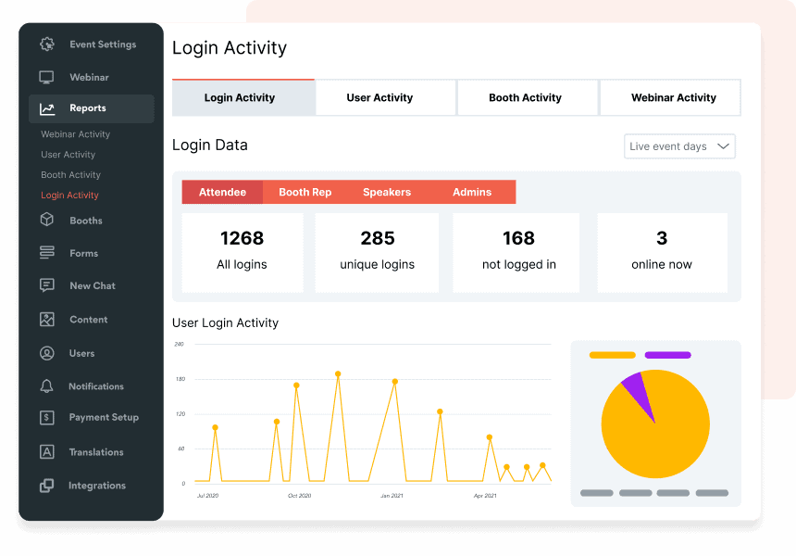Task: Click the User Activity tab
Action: click(x=379, y=97)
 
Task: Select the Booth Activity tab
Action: click(x=525, y=97)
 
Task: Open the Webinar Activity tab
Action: click(x=673, y=97)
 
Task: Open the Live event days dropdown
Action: click(x=679, y=146)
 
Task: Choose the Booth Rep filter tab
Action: click(x=305, y=192)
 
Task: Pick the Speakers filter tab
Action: click(x=387, y=192)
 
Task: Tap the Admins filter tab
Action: click(x=472, y=192)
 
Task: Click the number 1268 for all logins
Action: click(x=242, y=238)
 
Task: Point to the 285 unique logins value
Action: click(x=378, y=238)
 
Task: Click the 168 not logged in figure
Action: click(x=518, y=238)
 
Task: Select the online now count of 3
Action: click(x=662, y=238)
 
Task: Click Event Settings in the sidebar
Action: click(x=102, y=44)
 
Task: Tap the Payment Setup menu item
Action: click(x=104, y=418)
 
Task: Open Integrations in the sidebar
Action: click(x=96, y=486)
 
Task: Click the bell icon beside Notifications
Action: click(x=47, y=386)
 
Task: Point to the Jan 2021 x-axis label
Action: click(x=391, y=496)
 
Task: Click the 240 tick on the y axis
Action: click(x=179, y=344)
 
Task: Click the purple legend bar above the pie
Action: click(x=667, y=355)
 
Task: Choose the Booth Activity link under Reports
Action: click(x=70, y=175)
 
